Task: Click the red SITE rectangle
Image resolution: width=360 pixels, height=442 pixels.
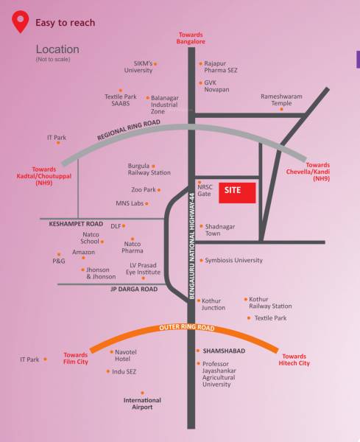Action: tap(236, 191)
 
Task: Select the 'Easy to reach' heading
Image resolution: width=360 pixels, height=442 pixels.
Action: tap(65, 23)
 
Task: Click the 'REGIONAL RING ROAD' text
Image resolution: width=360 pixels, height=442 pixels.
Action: tap(128, 130)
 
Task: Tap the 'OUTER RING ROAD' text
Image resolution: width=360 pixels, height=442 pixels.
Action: tap(186, 328)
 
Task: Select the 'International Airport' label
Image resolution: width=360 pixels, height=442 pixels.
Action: tap(142, 404)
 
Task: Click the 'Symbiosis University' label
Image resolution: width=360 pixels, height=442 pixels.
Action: tap(233, 260)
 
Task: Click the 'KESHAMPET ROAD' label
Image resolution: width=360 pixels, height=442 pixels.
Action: tap(76, 223)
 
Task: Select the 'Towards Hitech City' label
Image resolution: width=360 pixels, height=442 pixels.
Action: tap(294, 359)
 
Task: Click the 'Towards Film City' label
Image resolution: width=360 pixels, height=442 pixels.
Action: tap(75, 358)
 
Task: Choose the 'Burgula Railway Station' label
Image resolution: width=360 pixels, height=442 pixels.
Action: tap(149, 169)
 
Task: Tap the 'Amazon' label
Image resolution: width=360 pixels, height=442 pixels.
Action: tap(83, 253)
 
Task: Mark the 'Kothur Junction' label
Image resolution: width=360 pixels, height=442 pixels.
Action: tap(213, 304)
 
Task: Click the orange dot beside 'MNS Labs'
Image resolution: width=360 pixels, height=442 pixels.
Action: tap(147, 203)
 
